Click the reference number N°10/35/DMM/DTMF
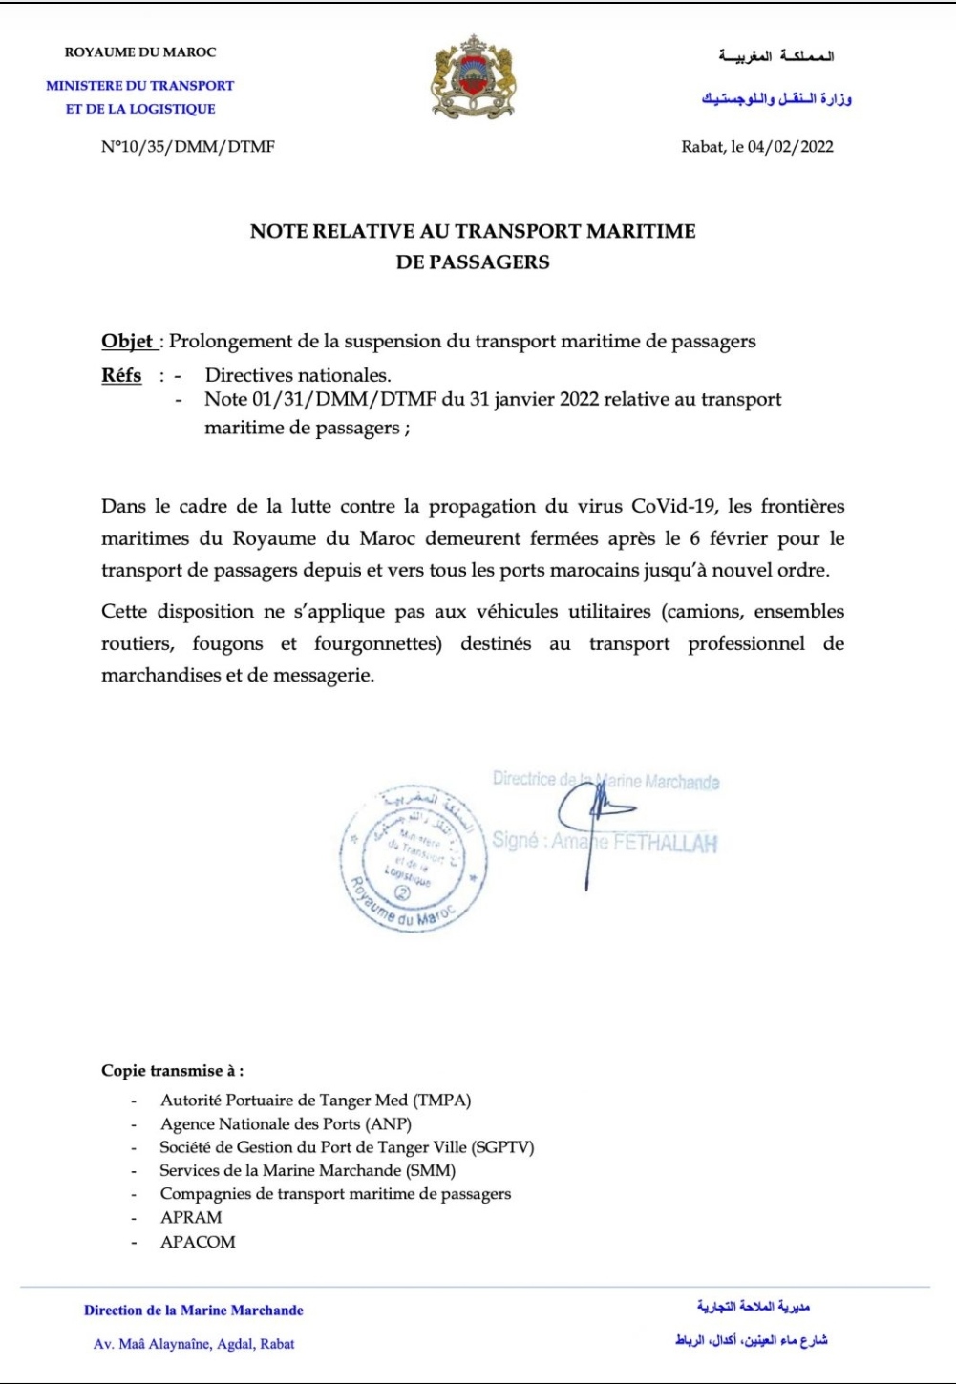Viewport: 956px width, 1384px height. point(188,147)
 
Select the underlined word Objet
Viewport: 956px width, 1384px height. point(127,342)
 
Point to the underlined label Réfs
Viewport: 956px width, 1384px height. point(121,375)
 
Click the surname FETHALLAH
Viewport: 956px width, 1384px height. point(665,844)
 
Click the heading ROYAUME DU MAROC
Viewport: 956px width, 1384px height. point(140,52)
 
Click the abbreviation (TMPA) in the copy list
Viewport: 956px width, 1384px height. point(441,1101)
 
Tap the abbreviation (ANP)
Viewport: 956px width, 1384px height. point(389,1124)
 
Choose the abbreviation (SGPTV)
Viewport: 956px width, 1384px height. point(502,1147)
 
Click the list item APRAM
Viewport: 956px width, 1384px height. point(191,1218)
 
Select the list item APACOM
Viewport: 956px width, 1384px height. point(198,1242)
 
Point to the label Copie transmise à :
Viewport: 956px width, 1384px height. point(172,1071)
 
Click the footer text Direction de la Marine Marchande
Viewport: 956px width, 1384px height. point(194,1311)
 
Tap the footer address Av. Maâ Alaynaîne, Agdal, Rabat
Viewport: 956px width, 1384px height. point(194,1344)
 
